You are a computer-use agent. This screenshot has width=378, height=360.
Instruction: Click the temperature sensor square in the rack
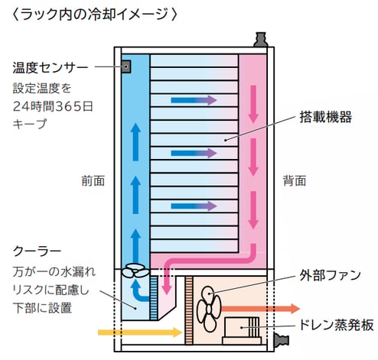point(126,66)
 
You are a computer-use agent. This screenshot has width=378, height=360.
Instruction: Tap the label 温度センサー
point(51,67)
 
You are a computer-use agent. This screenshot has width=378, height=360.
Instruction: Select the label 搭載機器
point(326,117)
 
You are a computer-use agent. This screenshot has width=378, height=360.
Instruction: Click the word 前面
point(93,181)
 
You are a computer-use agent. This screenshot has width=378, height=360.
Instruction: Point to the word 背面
point(295,181)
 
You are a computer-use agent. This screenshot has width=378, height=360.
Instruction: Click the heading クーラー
point(37,251)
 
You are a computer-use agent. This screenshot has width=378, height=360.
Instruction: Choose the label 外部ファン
point(331,275)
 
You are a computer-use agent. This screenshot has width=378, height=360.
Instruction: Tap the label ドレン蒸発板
point(336,325)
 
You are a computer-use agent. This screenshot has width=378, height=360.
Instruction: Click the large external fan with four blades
point(209,309)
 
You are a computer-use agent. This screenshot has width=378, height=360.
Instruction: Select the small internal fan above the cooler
point(135,271)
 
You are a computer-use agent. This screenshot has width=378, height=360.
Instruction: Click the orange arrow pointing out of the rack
point(260,309)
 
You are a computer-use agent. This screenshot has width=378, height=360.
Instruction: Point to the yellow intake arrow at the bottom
point(140,332)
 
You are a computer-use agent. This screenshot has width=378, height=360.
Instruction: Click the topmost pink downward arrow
point(253,105)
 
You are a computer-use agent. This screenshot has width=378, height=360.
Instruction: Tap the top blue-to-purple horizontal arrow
point(194,100)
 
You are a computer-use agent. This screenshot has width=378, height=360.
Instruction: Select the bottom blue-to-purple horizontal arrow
point(194,206)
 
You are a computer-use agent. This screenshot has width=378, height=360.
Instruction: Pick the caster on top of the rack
point(260,40)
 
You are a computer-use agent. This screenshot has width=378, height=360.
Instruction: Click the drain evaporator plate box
point(242,331)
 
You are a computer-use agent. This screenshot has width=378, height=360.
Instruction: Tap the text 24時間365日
point(53,106)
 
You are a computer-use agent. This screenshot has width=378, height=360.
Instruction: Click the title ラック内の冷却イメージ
point(94,14)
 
